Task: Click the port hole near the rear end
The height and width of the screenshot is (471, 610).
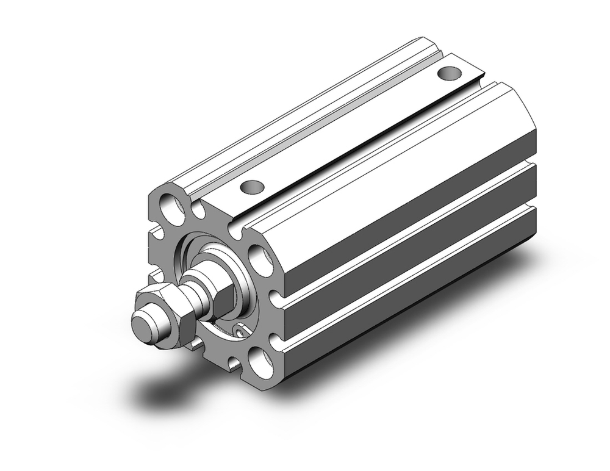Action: (450, 74)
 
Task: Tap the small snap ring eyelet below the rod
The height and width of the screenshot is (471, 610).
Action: (242, 330)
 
